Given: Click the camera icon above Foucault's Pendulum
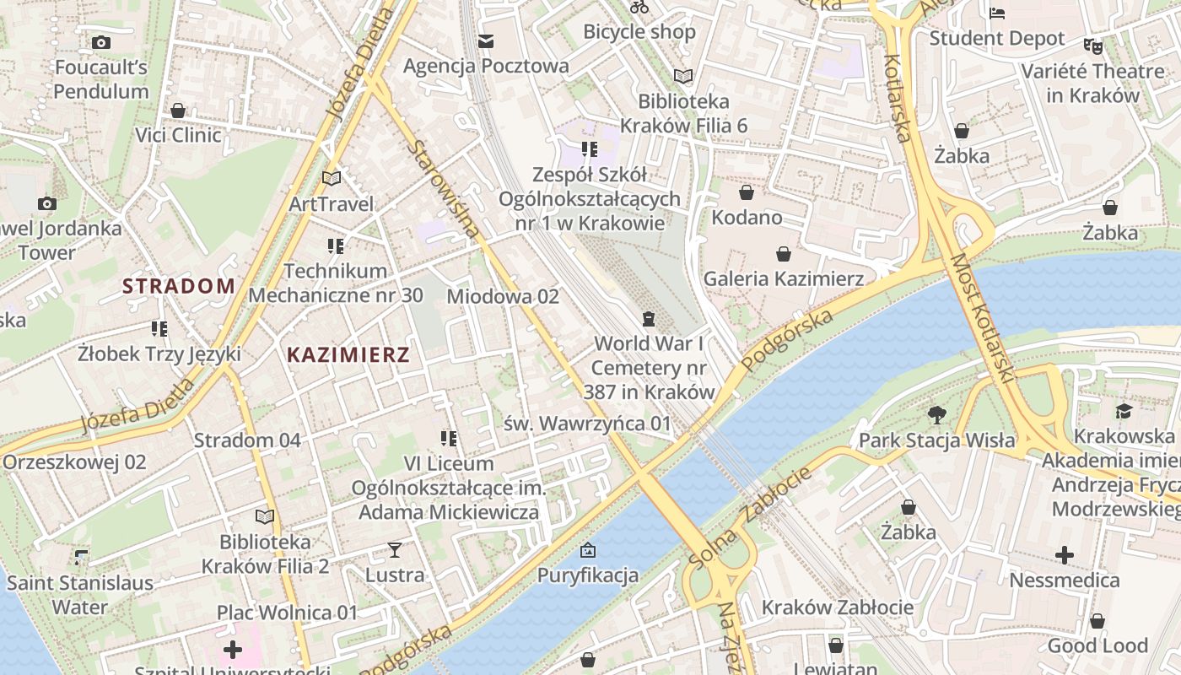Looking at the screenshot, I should click(101, 42).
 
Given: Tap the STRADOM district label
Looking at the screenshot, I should click(179, 286).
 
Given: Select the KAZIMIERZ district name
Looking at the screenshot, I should click(348, 354).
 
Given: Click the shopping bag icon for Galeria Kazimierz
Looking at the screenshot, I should click(784, 254).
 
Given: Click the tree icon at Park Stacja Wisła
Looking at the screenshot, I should click(936, 415).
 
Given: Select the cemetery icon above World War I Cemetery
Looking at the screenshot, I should click(648, 319).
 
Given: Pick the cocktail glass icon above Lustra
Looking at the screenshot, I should click(394, 551).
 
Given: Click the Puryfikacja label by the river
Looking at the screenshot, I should click(588, 576).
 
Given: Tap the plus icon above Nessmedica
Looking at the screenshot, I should click(1065, 555).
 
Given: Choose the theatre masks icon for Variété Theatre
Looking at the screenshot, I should click(1093, 46).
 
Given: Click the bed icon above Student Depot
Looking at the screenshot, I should click(997, 13).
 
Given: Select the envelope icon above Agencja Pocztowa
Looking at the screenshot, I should click(486, 41).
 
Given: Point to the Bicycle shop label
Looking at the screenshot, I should click(639, 32).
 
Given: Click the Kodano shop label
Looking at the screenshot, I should click(747, 218).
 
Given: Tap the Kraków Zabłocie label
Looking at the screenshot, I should click(837, 607).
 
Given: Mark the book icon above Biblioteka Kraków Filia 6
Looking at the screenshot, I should click(683, 77).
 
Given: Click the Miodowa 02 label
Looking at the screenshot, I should click(503, 296).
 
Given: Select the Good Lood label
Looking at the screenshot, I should click(1097, 646).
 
